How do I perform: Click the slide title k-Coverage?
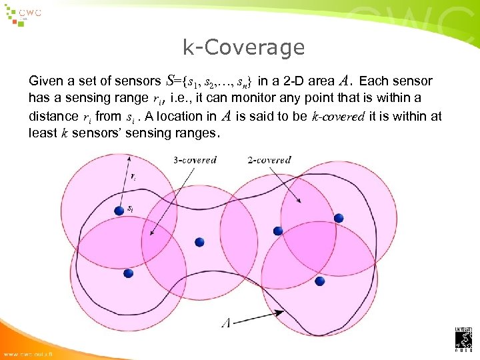(243, 47)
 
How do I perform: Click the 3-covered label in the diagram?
(195, 160)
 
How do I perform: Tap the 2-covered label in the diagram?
(269, 160)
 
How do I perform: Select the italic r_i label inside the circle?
(134, 177)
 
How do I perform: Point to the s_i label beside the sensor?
(130, 209)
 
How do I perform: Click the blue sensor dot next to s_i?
(119, 211)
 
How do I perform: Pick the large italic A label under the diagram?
(226, 323)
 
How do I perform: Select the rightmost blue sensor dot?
(339, 218)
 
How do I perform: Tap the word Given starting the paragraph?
(45, 81)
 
